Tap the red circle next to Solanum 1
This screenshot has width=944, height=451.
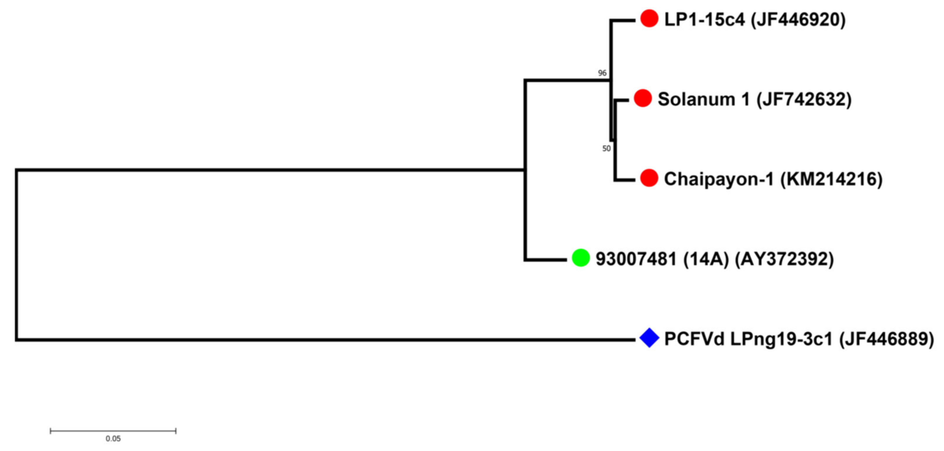click(643, 98)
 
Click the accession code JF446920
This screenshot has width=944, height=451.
click(798, 19)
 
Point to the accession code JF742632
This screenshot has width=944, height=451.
click(804, 99)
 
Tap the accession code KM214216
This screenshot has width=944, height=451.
click(832, 179)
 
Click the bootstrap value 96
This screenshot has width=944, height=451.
click(602, 73)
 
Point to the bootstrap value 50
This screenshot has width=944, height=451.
click(606, 148)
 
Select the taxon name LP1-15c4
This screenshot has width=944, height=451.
click(704, 19)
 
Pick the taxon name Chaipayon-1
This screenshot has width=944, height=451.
click(719, 179)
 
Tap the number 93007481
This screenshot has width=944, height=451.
click(636, 259)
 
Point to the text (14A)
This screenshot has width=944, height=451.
click(706, 259)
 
